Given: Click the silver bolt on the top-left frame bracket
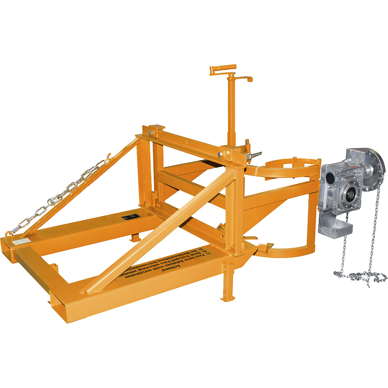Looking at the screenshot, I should pyautogui.click(x=150, y=133).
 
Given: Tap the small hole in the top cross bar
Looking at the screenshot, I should pyautogui.click(x=187, y=141).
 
